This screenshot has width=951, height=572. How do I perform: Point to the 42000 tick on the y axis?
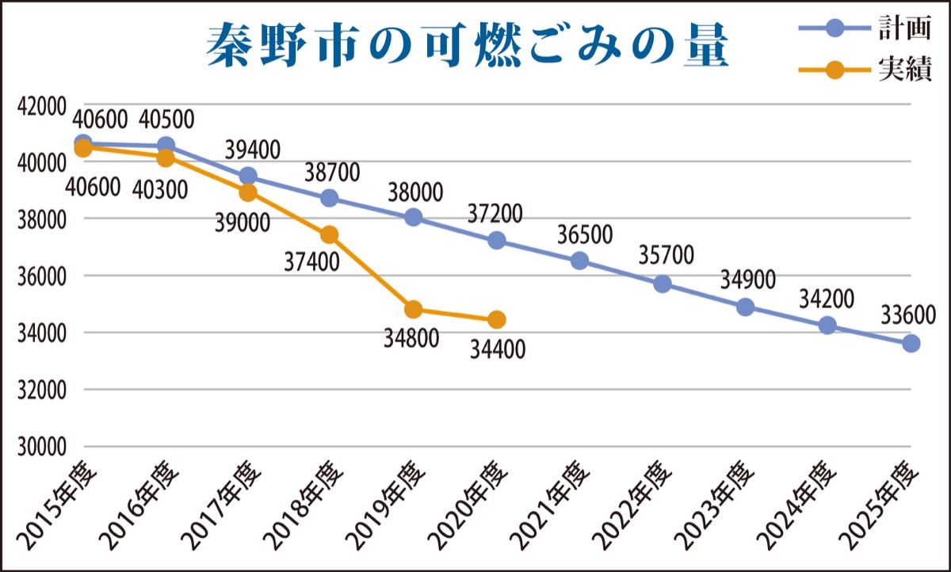pos(40,105)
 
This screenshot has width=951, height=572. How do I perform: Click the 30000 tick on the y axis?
pos(40,447)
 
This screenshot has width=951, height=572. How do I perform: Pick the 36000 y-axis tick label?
pos(40,276)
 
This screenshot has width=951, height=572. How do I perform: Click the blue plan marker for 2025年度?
pos(911,343)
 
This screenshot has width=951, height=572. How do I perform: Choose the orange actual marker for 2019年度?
pos(413,309)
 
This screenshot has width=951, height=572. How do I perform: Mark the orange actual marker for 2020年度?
pos(497,319)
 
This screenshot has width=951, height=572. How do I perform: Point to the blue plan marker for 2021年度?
pos(580,261)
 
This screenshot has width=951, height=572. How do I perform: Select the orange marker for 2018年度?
pos(330,235)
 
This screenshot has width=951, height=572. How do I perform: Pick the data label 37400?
pos(311,259)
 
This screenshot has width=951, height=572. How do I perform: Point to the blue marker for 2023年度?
pos(746,307)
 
